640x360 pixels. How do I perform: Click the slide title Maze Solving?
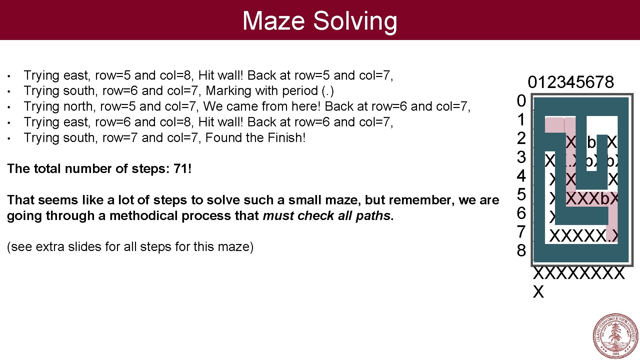pos(320,21)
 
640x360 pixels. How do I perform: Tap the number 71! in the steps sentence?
pos(183,169)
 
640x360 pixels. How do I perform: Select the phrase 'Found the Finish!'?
pos(255,138)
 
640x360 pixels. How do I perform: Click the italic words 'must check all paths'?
pos(326,216)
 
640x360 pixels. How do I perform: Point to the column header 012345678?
pos(571,82)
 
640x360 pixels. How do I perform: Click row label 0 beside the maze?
pos(521,101)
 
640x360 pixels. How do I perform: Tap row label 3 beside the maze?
pos(521,157)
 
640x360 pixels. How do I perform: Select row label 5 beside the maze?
pos(521,194)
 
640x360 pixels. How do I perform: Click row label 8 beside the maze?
pos(521,250)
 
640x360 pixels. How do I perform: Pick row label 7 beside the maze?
pos(521,232)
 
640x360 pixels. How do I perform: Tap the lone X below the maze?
pos(538,292)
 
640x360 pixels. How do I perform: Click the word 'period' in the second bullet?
pos(300,91)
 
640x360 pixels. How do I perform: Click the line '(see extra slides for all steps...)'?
pos(130,247)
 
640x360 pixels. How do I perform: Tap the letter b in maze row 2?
pos(591,143)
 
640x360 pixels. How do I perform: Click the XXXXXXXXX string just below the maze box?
pos(579,273)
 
